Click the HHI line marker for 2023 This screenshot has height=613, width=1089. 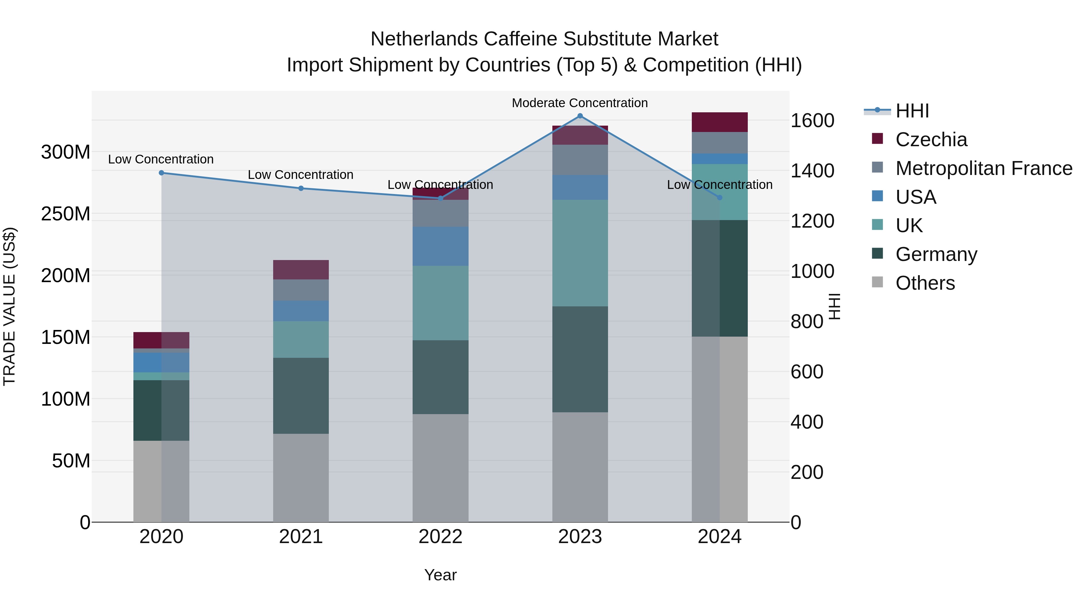pyautogui.click(x=580, y=116)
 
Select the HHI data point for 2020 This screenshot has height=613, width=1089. pyautogui.click(x=162, y=173)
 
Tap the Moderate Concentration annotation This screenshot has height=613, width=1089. pyautogui.click(x=580, y=103)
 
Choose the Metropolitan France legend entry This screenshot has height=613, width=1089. pyautogui.click(x=983, y=168)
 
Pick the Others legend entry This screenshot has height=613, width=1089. pyautogui.click(x=925, y=283)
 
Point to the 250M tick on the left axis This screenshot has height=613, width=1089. pyautogui.click(x=66, y=214)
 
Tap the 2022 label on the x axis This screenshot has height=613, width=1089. pyautogui.click(x=440, y=537)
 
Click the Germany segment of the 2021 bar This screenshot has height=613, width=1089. pyautogui.click(x=301, y=396)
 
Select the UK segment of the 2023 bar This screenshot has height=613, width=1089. pyautogui.click(x=580, y=253)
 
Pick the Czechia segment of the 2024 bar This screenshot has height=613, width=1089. pyautogui.click(x=720, y=122)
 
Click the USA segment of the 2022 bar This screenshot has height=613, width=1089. pyautogui.click(x=440, y=246)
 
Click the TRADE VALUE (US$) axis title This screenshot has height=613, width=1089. pyautogui.click(x=9, y=307)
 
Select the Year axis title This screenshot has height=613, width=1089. pyautogui.click(x=440, y=575)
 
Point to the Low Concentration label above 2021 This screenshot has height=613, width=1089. pyautogui.click(x=301, y=175)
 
